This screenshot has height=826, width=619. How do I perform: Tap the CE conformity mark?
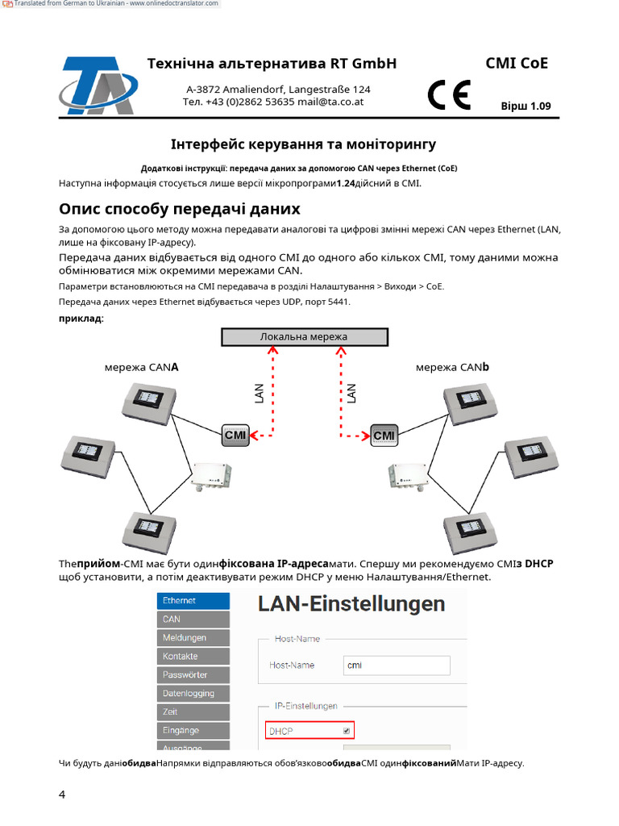tap(449, 96)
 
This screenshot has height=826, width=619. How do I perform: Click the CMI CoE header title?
tap(517, 64)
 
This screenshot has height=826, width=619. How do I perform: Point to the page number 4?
tap(62, 795)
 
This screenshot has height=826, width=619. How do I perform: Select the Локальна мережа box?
tap(304, 337)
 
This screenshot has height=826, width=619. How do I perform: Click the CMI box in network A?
tap(235, 436)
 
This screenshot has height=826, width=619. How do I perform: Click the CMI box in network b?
tap(384, 436)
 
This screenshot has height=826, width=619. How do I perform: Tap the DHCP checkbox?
tap(347, 731)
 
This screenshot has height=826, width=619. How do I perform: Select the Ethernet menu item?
tap(193, 601)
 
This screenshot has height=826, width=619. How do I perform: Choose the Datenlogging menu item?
tap(193, 694)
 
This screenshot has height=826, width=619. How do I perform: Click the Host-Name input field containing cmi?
tap(396, 665)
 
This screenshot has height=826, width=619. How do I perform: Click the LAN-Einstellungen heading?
tap(351, 604)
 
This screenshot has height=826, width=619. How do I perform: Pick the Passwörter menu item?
tap(193, 675)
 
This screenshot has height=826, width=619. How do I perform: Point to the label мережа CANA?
tap(141, 367)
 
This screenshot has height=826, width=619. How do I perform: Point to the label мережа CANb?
tap(452, 367)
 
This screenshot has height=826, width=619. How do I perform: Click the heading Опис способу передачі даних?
tap(179, 209)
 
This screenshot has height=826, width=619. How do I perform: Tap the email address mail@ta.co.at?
tap(330, 102)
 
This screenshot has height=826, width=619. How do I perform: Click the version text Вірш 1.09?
tap(526, 106)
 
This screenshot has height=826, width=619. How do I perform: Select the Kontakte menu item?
tap(193, 657)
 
